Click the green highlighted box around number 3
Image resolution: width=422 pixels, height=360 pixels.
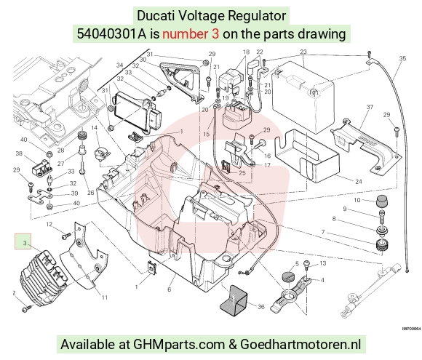tap(23, 241)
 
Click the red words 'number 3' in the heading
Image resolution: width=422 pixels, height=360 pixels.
tap(191, 34)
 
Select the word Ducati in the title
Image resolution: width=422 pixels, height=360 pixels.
tap(156, 15)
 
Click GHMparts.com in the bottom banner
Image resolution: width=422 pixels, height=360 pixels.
tap(179, 344)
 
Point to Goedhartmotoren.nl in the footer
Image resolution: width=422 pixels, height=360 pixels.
tap(300, 344)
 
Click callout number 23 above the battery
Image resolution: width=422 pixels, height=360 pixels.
tap(303, 52)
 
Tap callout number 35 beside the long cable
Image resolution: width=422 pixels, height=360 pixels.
tap(402, 58)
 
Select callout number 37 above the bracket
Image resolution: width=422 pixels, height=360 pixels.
tap(370, 107)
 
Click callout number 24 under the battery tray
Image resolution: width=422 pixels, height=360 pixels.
tap(359, 182)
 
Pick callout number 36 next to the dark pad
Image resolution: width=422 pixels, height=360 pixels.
tap(261, 306)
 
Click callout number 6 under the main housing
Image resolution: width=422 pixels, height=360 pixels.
tap(170, 289)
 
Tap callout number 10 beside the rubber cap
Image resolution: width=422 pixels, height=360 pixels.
tap(357, 200)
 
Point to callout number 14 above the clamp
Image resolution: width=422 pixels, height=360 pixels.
tap(94, 127)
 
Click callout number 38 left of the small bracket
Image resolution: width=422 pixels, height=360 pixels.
tap(19, 153)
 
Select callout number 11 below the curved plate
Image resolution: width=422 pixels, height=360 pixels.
tap(105, 297)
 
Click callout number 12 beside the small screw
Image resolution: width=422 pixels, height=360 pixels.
tap(49, 224)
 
